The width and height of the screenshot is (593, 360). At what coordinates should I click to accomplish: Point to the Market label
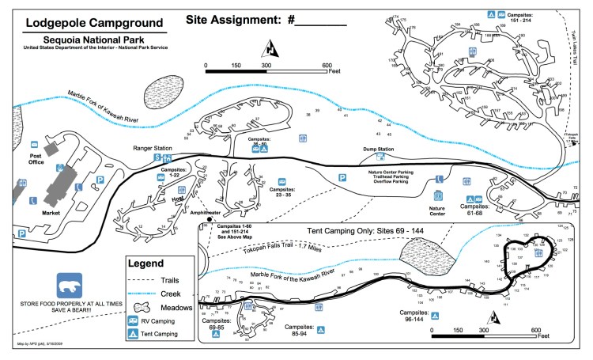click(x=51, y=213)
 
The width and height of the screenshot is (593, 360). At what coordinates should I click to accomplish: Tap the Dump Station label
click(x=378, y=150)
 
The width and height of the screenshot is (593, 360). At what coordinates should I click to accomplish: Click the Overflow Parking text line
click(x=388, y=181)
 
